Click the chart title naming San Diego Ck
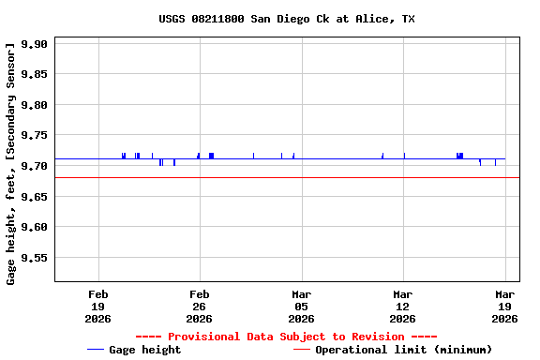(x=286, y=19)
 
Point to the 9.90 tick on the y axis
(x=33, y=44)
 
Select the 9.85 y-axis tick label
(x=33, y=74)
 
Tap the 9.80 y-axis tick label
(x=33, y=105)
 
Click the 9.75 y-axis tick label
(x=33, y=135)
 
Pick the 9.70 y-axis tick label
(x=33, y=166)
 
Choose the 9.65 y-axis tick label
(x=33, y=196)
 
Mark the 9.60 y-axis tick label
(x=33, y=227)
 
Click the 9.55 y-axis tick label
(x=33, y=257)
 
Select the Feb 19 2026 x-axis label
(x=97, y=306)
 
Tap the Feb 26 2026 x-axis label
(x=199, y=306)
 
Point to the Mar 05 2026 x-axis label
(x=301, y=306)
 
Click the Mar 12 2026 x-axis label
(x=402, y=306)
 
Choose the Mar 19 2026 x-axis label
(x=504, y=306)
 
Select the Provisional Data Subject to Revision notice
(x=286, y=337)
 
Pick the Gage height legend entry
(x=144, y=350)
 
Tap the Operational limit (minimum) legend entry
(x=403, y=350)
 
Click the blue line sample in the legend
(x=95, y=350)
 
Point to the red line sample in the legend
(x=301, y=350)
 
